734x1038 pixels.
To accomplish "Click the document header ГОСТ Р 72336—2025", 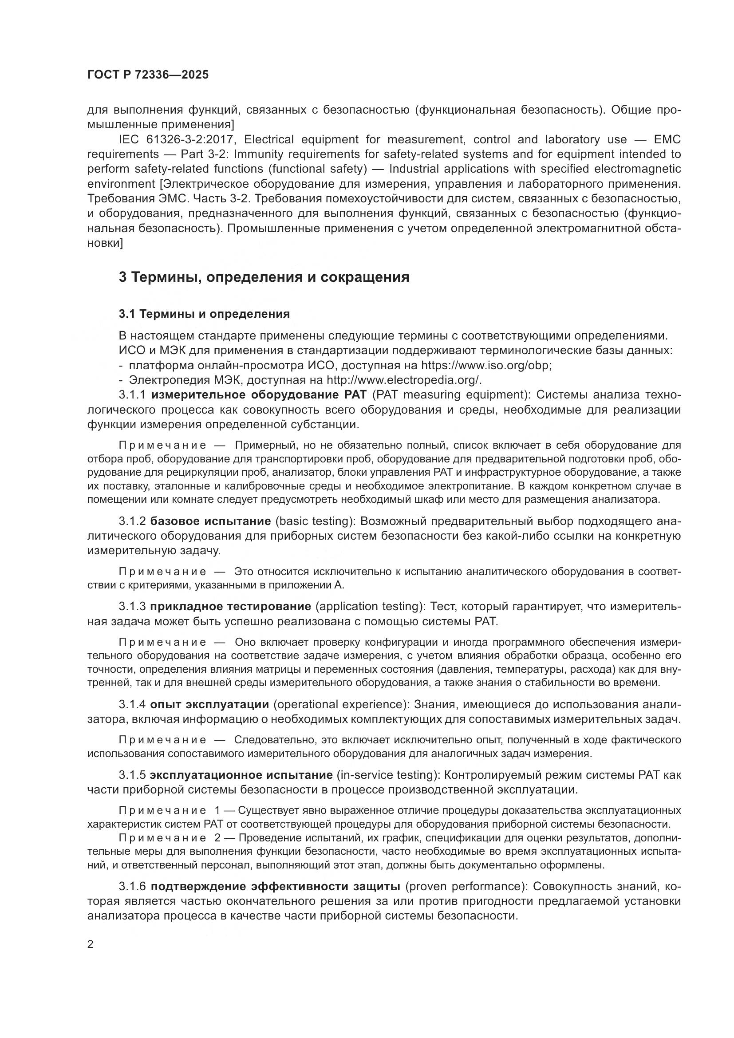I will pyautogui.click(x=148, y=75).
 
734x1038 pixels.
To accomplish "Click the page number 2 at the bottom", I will pyautogui.click(x=91, y=944).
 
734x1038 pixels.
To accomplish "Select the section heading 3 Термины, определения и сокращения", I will pyautogui.click(x=264, y=276).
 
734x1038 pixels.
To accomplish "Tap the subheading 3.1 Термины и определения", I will pyautogui.click(x=204, y=314).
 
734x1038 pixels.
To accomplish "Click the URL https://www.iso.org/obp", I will pyautogui.click(x=486, y=365).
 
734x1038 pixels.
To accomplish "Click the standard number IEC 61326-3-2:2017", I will pyautogui.click(x=177, y=139).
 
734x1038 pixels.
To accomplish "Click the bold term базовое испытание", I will pyautogui.click(x=210, y=521).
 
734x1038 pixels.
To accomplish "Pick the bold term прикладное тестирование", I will pyautogui.click(x=230, y=606).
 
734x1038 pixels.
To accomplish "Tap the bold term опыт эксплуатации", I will pyautogui.click(x=210, y=704).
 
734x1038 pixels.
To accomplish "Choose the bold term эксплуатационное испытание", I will pyautogui.click(x=241, y=775).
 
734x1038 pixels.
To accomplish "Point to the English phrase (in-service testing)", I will pyautogui.click(x=388, y=775).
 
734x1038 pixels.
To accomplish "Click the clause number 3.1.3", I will pyautogui.click(x=132, y=606).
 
